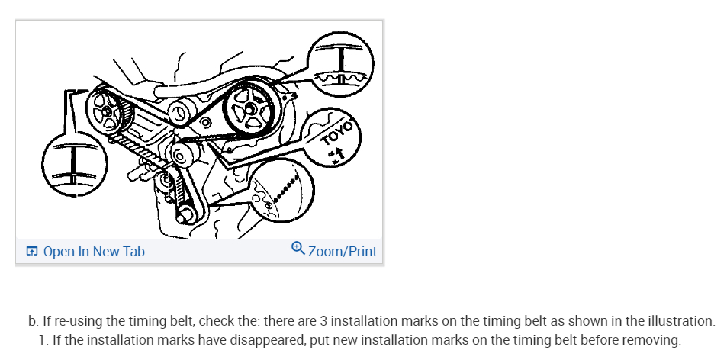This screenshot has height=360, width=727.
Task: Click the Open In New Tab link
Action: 93,252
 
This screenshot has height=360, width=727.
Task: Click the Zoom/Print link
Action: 343,251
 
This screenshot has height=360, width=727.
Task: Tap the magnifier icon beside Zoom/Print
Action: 298,249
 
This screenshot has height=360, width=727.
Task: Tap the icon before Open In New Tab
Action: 32,252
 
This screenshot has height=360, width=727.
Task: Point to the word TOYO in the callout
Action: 338,133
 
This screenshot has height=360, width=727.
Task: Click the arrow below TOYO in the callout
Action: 335,155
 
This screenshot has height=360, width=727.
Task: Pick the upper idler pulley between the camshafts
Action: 181,114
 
